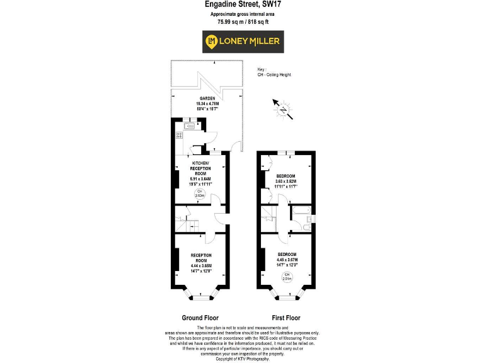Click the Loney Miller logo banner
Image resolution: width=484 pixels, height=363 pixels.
pyautogui.click(x=242, y=42)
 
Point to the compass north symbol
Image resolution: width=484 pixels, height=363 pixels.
pyautogui.click(x=285, y=109)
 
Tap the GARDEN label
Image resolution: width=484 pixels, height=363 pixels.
pyautogui.click(x=208, y=99)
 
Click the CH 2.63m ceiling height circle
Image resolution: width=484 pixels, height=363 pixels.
pyautogui.click(x=200, y=193)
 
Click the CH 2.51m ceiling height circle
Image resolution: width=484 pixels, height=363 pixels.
pyautogui.click(x=286, y=277)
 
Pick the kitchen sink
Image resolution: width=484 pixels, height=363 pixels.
pyautogui.click(x=179, y=126)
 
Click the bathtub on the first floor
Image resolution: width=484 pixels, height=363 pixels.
pyautogui.click(x=301, y=209)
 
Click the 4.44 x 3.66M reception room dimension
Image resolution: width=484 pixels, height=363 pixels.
pyautogui.click(x=201, y=266)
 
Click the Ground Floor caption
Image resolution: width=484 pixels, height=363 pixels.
pyautogui.click(x=200, y=318)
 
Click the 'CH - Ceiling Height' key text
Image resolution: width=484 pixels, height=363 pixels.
pyautogui.click(x=274, y=74)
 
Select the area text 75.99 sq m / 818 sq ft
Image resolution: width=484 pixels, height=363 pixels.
pyautogui.click(x=242, y=21)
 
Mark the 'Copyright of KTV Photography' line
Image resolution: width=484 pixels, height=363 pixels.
pyautogui.click(x=242, y=359)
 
